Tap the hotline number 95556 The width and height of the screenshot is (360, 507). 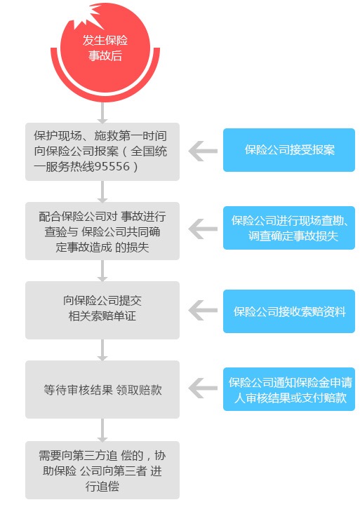click(112, 166)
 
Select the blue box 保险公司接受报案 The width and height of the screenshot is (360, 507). click(289, 150)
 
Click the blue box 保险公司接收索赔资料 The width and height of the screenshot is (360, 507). click(289, 311)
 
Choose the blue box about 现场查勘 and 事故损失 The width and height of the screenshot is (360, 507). click(289, 228)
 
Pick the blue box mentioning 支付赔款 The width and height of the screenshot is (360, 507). click(289, 389)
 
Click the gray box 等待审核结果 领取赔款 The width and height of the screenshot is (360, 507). click(102, 390)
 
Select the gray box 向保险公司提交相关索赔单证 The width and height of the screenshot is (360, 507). click(102, 311)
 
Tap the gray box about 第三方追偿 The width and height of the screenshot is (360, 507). click(102, 470)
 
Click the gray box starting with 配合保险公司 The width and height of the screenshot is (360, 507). click(102, 231)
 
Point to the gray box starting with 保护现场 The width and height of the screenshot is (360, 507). click(102, 151)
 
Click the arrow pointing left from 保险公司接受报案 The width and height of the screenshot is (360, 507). click(203, 151)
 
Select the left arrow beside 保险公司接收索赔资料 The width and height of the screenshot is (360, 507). click(203, 311)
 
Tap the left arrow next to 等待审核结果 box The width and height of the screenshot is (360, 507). click(203, 388)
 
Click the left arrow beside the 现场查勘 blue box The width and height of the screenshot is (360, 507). click(203, 229)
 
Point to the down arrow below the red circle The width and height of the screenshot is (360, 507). click(102, 113)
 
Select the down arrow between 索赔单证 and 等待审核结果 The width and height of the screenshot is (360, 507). click(102, 350)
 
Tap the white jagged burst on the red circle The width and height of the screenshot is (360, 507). click(90, 18)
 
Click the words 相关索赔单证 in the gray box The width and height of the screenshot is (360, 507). click(102, 316)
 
